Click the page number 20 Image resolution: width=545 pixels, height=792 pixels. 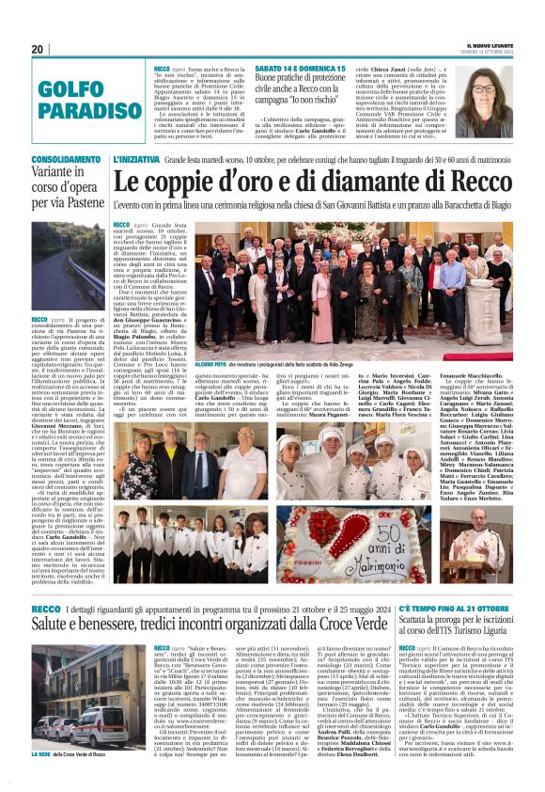tap(38, 49)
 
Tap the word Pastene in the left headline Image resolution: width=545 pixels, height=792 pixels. tap(79, 200)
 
